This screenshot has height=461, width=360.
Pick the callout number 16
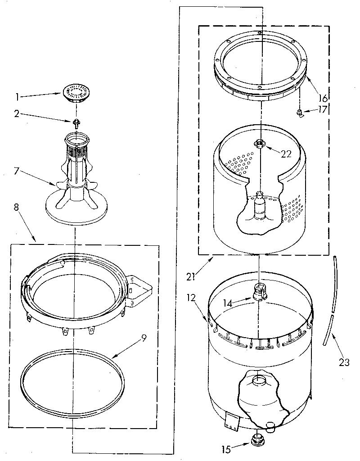(x=322, y=97)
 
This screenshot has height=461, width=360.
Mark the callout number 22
(x=286, y=154)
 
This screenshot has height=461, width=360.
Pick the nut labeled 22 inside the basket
(x=260, y=143)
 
